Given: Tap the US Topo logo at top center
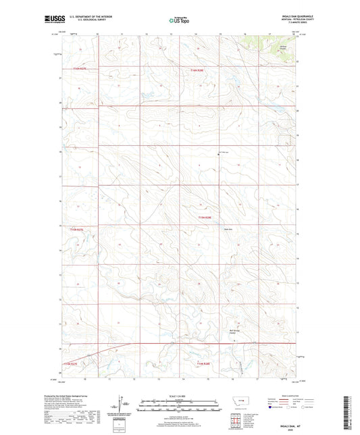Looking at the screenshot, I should pos(179,21).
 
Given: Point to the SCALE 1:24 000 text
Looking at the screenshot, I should pos(179,396).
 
